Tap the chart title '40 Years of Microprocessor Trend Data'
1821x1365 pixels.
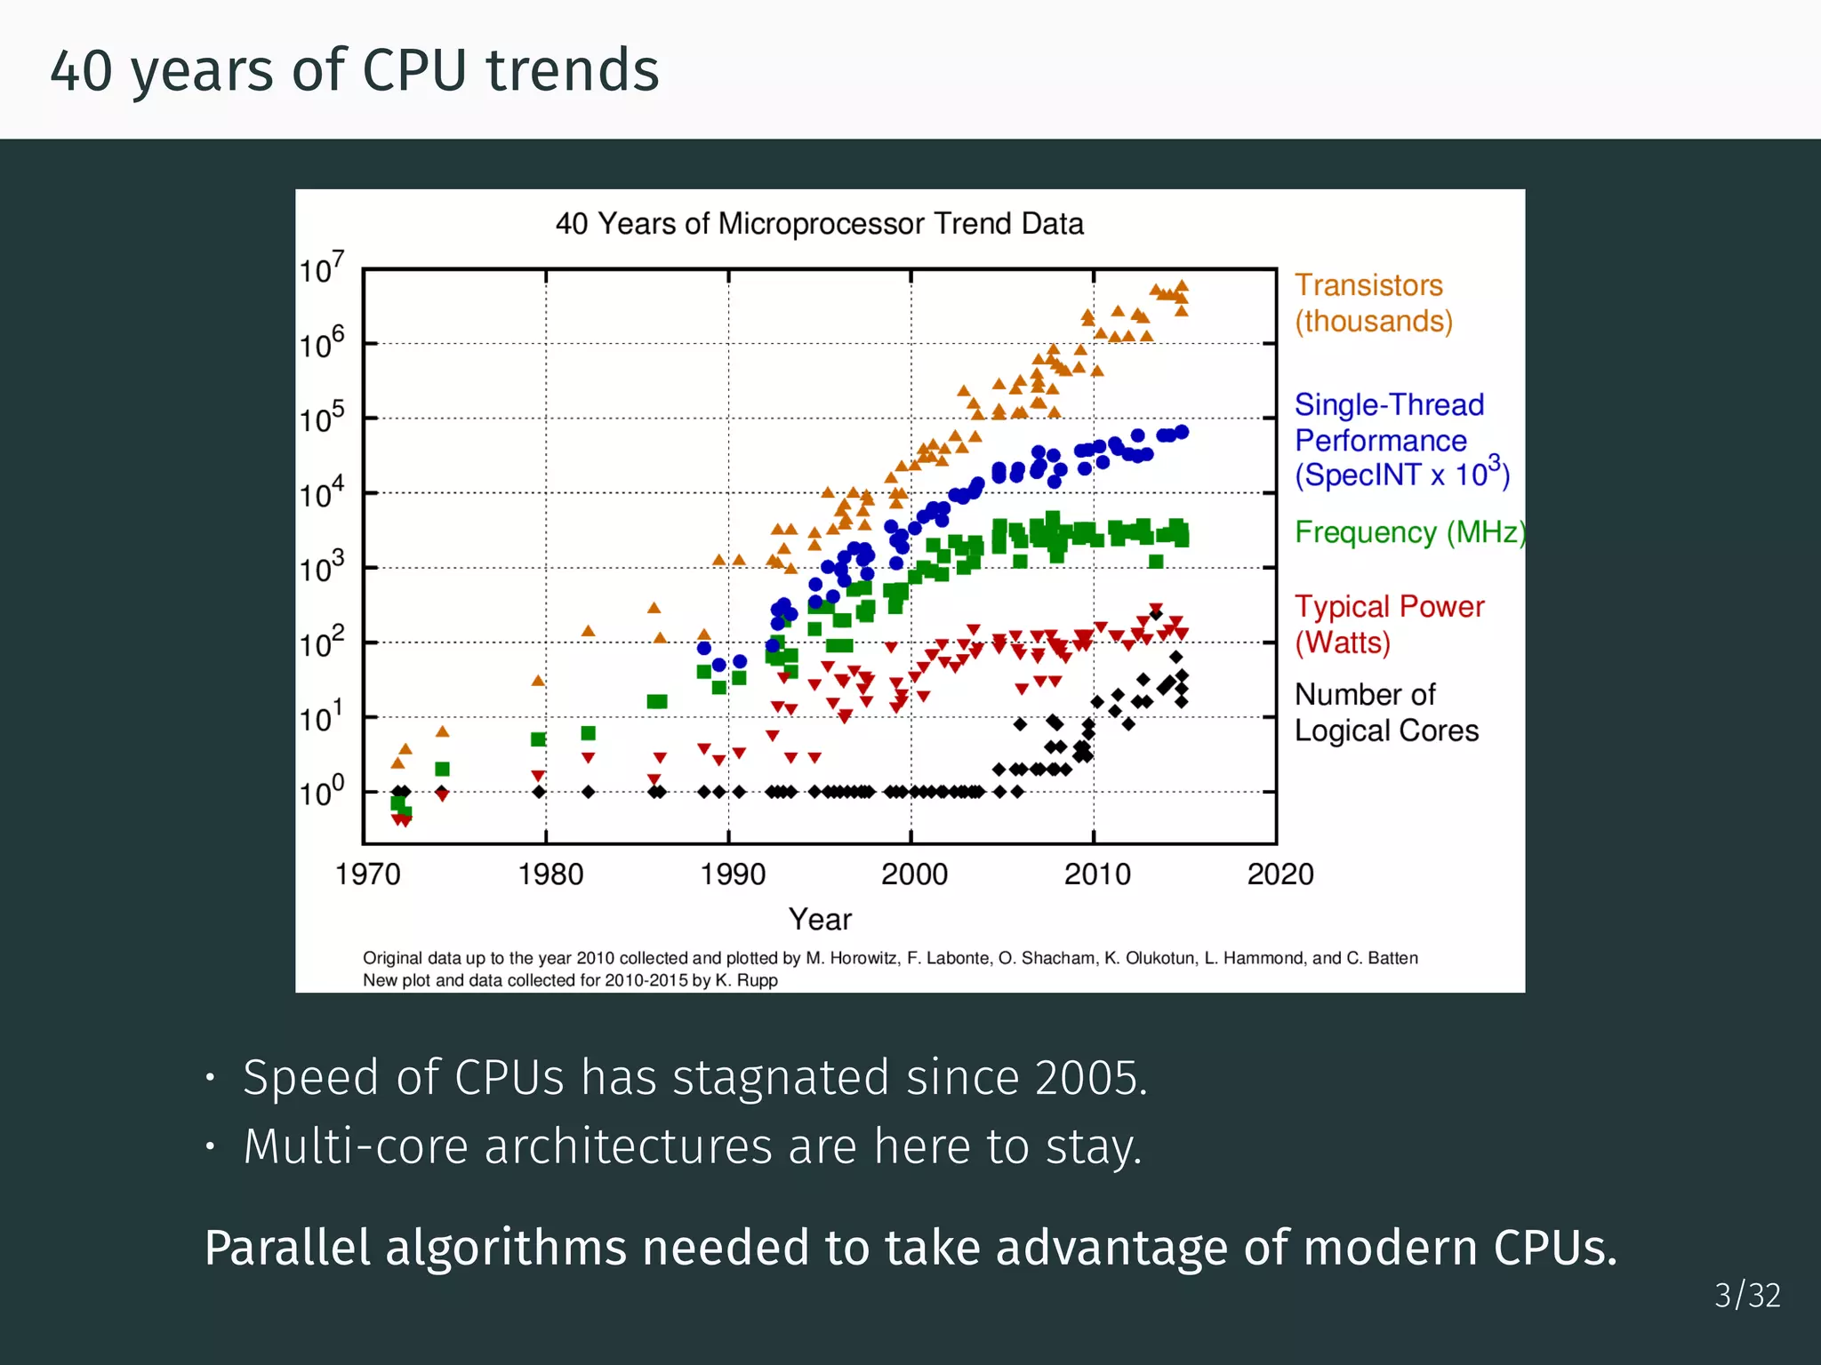click(819, 223)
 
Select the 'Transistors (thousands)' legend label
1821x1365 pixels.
click(1372, 303)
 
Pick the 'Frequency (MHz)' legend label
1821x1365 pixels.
click(1408, 531)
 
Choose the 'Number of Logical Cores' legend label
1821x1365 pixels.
click(1385, 712)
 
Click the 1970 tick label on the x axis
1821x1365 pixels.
click(367, 874)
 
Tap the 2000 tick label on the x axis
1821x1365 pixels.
click(913, 874)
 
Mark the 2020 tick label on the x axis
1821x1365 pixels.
click(1279, 874)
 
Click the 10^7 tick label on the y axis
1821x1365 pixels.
click(321, 267)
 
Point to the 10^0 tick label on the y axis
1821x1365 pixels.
click(321, 790)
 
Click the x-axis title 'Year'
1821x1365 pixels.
click(819, 919)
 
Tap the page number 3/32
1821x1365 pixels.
click(1746, 1296)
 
